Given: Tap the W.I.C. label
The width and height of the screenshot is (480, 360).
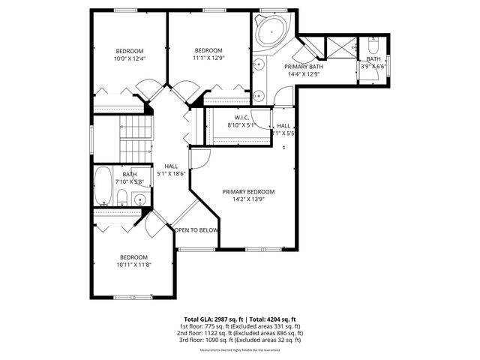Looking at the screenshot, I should (242, 118).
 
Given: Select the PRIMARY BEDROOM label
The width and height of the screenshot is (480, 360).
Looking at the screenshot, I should (248, 191).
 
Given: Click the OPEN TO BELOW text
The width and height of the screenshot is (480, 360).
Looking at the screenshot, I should (197, 230).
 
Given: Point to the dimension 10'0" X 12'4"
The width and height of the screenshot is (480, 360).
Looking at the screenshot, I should (128, 58).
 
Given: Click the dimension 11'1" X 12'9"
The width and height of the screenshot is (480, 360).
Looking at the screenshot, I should (208, 58).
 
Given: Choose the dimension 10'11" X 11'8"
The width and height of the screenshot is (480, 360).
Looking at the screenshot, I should (135, 264).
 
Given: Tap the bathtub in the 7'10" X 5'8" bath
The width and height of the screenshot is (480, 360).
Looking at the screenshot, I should (103, 187).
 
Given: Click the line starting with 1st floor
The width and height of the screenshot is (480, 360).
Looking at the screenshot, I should (240, 326).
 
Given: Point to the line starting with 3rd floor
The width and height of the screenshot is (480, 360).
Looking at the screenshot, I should (240, 340).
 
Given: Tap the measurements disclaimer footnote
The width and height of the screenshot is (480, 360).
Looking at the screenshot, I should (240, 349).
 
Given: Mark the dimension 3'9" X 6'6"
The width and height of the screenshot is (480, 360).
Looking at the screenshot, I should (373, 66).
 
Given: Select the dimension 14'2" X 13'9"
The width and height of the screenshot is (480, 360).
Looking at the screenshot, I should (248, 199).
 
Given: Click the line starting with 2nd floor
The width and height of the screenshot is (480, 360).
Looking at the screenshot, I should (240, 333).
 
